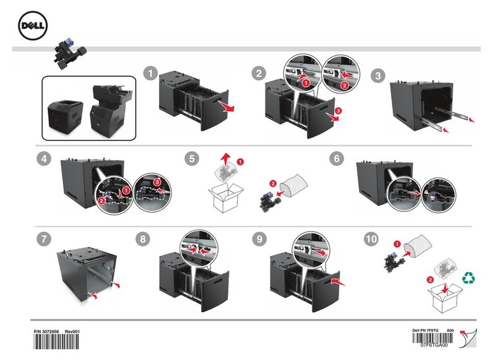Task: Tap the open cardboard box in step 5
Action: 224,197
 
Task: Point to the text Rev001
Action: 73,332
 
